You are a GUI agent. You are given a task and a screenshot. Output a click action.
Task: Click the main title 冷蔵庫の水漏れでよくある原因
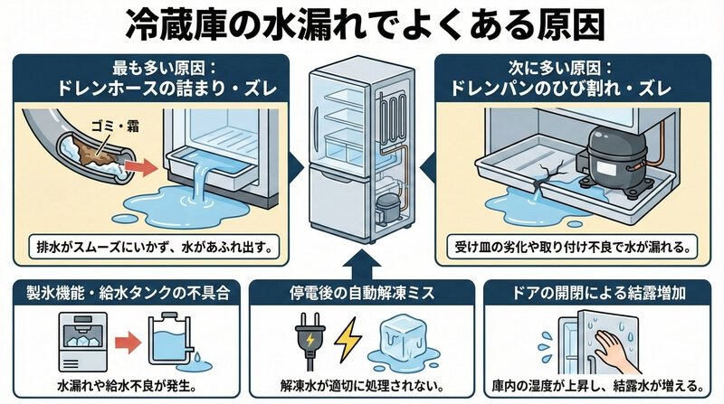[x=362, y=25]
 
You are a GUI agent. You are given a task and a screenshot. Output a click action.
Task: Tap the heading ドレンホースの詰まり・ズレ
[x=150, y=89]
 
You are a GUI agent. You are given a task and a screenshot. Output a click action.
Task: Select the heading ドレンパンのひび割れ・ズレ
[x=572, y=89]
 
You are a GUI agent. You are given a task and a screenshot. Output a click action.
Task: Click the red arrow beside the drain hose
[x=139, y=167]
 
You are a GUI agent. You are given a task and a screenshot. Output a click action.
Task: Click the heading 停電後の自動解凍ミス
[x=362, y=291]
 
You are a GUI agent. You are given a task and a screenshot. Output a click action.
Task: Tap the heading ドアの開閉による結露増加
[x=602, y=291]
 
